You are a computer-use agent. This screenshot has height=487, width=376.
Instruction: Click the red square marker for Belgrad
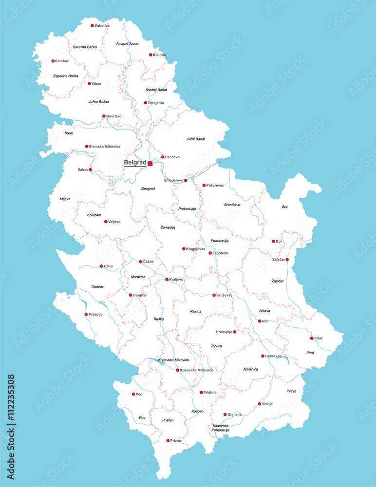[150, 164]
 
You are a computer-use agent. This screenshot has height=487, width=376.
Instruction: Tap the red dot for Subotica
[93, 25]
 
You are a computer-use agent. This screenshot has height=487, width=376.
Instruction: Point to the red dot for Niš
[260, 321]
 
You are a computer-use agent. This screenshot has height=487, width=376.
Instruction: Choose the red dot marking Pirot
[312, 338]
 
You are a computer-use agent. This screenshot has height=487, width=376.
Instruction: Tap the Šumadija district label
[168, 227]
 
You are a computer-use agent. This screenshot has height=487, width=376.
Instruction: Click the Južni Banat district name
[195, 139]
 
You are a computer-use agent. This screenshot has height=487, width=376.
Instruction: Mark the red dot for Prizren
[168, 440]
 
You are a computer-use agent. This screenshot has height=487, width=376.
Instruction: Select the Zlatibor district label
[97, 287]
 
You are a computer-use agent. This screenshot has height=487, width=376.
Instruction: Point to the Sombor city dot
[53, 61]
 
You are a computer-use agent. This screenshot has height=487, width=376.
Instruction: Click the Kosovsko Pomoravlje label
[221, 428]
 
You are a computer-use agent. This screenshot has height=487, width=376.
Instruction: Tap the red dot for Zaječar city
[287, 260]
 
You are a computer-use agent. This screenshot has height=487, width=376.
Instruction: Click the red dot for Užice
[101, 266]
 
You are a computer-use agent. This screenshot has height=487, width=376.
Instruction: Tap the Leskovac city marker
[263, 356]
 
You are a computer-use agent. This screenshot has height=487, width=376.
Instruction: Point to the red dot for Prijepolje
[86, 314]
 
